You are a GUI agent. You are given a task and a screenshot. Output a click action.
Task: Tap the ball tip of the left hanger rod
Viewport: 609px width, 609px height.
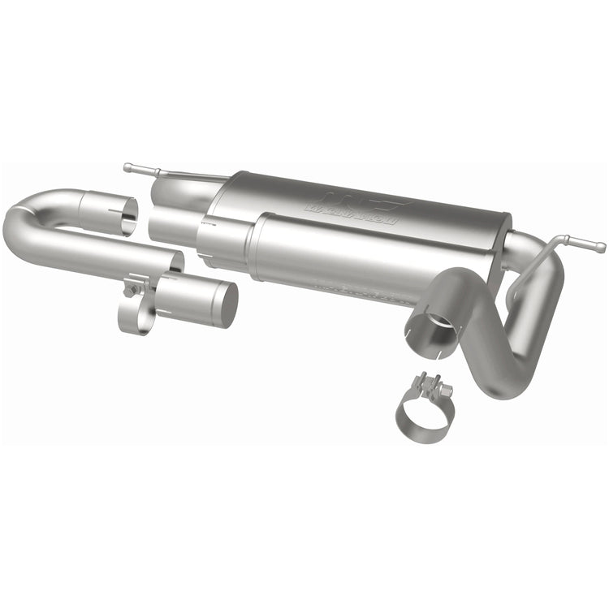pos(127,167)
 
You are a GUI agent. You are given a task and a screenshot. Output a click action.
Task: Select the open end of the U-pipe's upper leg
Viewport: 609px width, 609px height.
pos(122,213)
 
